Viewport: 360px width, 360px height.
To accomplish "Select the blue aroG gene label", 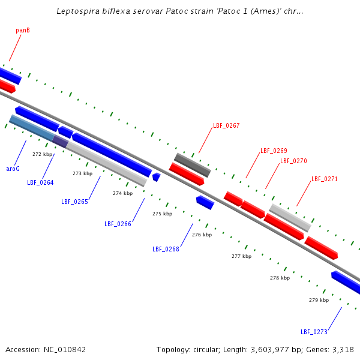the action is coord(13,169).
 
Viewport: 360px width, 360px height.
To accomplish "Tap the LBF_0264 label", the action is coord(40,182).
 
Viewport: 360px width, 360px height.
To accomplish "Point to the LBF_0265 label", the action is coord(74,202).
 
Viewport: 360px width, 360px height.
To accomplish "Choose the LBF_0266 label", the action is coord(118,224).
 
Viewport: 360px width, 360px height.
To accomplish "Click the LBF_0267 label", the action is coord(226,126).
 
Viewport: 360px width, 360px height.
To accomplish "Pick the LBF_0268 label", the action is coord(166,248).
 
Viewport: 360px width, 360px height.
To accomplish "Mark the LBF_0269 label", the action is coord(274,151).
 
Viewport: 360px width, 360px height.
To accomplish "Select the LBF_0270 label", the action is coord(293,161).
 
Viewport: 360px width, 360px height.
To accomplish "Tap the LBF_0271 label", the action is coord(325,179).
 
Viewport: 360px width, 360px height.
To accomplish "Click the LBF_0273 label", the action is coord(314,332).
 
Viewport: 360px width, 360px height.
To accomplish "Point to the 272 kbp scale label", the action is coord(42,154).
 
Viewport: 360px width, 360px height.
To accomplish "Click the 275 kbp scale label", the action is coord(162,214).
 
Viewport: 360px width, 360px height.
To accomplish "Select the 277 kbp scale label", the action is coord(241,256).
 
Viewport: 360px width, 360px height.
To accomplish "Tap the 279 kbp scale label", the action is coord(319,300).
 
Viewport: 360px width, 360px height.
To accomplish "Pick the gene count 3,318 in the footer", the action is coord(342,349).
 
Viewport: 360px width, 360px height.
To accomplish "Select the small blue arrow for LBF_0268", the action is coord(205,202).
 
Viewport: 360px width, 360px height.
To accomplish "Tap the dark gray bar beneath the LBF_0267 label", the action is coord(192,164).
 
